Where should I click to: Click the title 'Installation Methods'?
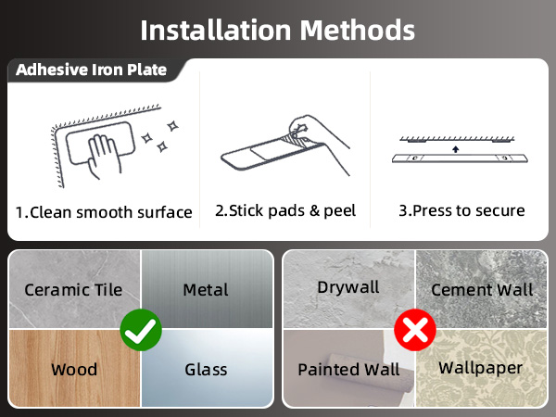pos(277,29)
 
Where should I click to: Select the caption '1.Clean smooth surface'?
pos(104,212)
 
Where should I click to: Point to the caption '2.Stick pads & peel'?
pos(285,210)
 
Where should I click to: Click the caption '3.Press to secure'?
pos(461,210)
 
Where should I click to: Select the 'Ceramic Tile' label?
pos(73,290)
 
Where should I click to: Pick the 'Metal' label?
pos(205,290)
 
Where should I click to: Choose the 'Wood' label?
pos(74,370)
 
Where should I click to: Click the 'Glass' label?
pos(206,370)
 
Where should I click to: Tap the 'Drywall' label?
pos(348,287)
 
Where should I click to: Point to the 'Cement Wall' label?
pos(482,290)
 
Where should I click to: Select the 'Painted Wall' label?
pos(348,370)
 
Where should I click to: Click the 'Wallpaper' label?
pos(480,368)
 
